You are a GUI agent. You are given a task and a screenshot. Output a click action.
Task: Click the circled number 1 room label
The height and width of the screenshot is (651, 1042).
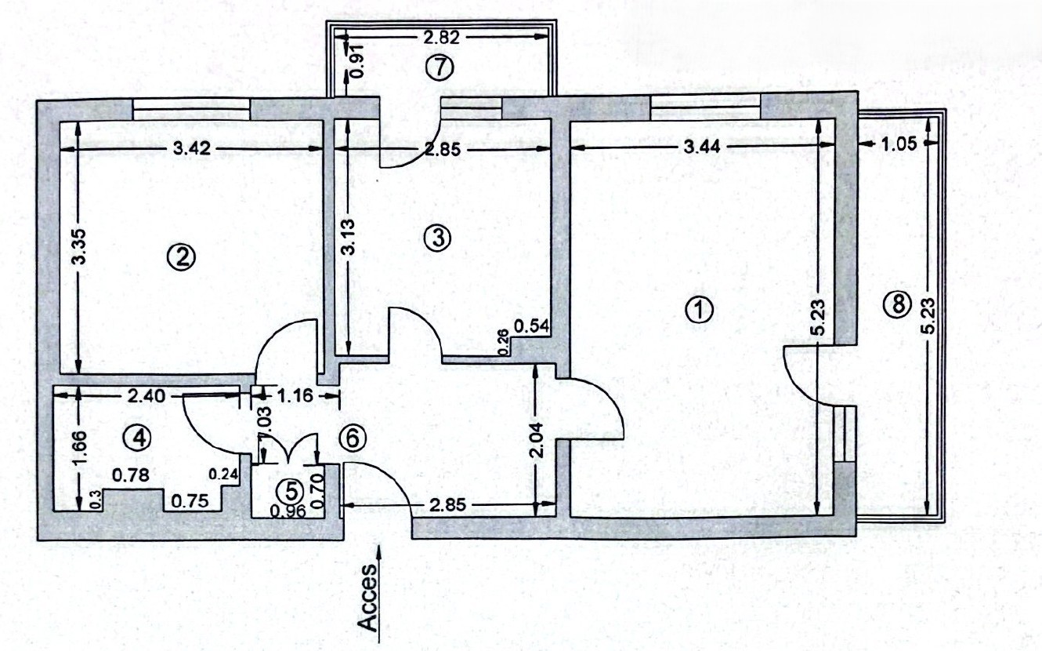[x=700, y=310]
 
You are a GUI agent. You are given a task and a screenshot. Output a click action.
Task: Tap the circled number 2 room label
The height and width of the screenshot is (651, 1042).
[x=182, y=257]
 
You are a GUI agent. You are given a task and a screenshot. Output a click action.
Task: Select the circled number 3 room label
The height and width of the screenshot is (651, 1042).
[x=438, y=238]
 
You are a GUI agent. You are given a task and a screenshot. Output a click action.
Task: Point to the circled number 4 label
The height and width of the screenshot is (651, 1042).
[x=138, y=438]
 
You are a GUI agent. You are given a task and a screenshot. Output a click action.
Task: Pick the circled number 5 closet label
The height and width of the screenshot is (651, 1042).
[x=290, y=491]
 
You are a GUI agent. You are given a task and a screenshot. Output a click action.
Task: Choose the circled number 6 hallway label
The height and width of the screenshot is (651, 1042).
[x=353, y=438]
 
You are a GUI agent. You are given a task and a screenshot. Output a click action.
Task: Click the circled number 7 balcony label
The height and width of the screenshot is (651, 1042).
[x=439, y=68]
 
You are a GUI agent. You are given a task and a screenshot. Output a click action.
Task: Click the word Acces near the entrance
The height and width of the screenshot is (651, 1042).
[x=368, y=598]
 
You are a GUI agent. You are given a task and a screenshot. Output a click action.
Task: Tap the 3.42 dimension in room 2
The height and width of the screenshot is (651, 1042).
[x=192, y=149]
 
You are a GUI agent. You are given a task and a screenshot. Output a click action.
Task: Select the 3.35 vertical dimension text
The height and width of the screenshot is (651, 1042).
[x=80, y=253]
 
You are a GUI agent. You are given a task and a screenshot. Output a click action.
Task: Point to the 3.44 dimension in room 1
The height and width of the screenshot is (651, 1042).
[x=702, y=147]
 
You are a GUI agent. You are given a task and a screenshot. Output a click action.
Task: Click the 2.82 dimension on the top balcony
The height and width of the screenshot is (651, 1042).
[x=441, y=37]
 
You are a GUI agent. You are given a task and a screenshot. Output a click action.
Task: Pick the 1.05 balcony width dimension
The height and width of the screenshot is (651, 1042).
[x=899, y=144]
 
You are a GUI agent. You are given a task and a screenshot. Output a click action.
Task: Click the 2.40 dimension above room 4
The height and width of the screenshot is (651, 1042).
[x=146, y=396]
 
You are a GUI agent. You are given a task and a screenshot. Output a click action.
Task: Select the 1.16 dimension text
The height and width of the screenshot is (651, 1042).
[x=295, y=396]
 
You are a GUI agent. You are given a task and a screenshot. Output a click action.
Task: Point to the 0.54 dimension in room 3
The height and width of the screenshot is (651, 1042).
[x=532, y=326]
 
